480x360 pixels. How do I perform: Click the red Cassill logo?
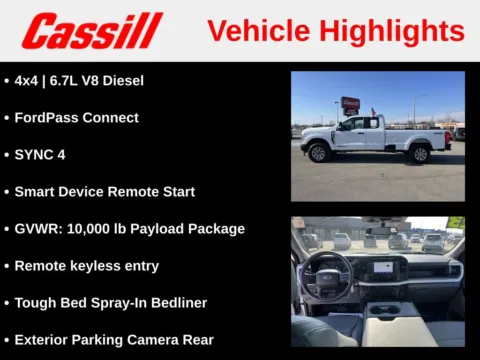point(92,31)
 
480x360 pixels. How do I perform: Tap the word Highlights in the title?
point(395,31)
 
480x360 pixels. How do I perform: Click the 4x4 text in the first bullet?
point(29,80)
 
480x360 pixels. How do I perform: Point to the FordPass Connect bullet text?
point(76,117)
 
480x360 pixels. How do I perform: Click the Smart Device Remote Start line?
point(104,192)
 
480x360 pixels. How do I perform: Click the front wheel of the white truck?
point(319,153)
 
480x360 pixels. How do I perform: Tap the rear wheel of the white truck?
point(419,153)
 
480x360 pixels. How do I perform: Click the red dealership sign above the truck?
point(350,103)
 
